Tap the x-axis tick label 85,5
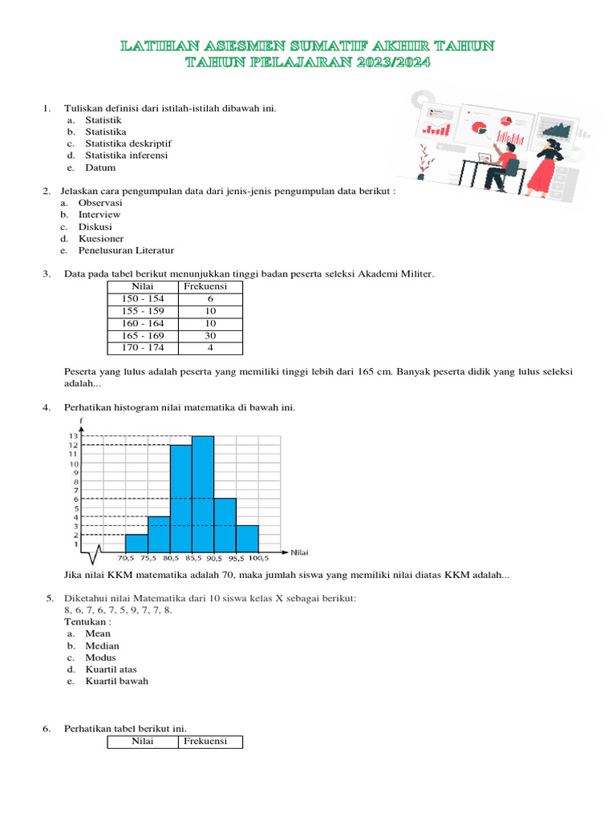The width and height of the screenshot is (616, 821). click(192, 557)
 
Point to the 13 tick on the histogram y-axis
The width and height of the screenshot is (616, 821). click(73, 436)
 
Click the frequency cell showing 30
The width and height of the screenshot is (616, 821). click(211, 336)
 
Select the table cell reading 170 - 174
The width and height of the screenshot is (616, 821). click(144, 348)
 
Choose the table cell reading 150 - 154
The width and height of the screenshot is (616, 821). click(144, 298)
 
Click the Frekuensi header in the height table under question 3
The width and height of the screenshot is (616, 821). click(205, 286)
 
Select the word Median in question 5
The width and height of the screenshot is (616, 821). click(102, 645)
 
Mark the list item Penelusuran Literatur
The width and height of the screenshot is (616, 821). click(126, 250)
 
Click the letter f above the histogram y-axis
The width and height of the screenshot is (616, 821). click(82, 421)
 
